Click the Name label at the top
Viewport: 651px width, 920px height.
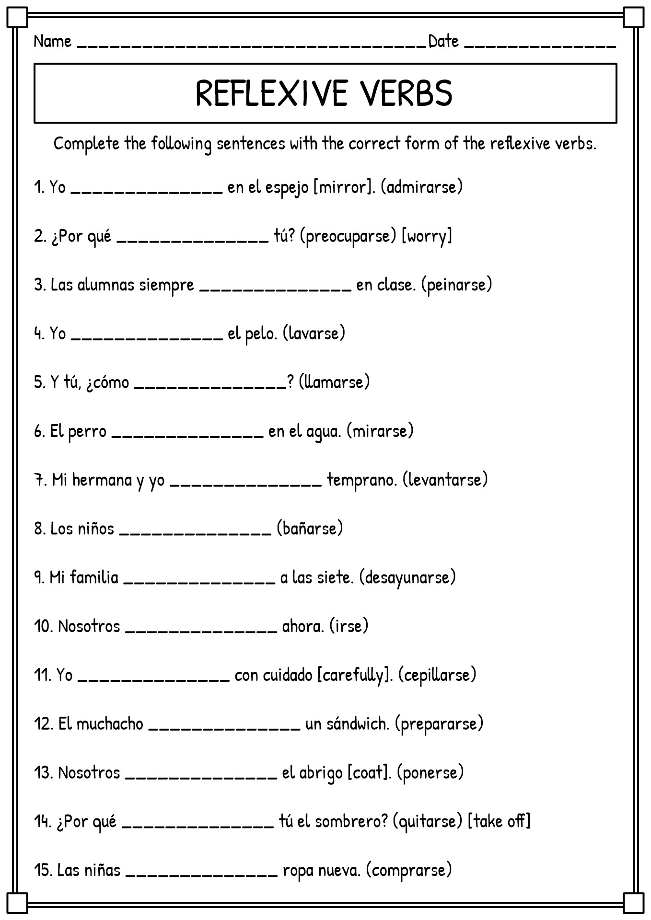[x=52, y=42]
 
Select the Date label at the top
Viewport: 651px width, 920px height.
[x=443, y=42]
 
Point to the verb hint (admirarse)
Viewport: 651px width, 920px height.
[x=422, y=187]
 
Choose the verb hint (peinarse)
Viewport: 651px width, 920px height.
[x=457, y=285]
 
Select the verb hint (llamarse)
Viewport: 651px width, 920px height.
[x=334, y=382]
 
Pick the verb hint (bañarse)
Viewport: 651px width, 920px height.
[x=310, y=529]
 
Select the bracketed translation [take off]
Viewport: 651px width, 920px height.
[x=499, y=821]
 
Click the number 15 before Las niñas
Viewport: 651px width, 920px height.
[x=45, y=870]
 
